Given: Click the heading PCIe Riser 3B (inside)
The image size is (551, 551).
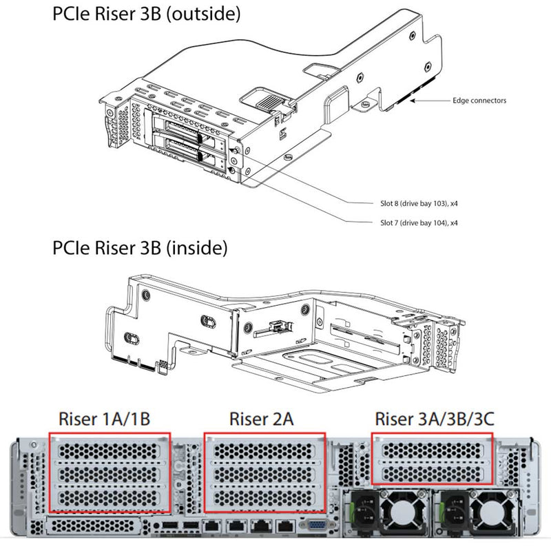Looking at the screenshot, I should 140,248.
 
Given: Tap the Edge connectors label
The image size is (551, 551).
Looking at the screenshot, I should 479,101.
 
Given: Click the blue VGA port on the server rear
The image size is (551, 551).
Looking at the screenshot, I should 316,526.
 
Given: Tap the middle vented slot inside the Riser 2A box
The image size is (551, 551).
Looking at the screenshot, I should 264,474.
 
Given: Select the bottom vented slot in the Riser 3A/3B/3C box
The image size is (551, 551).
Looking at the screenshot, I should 433,472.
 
